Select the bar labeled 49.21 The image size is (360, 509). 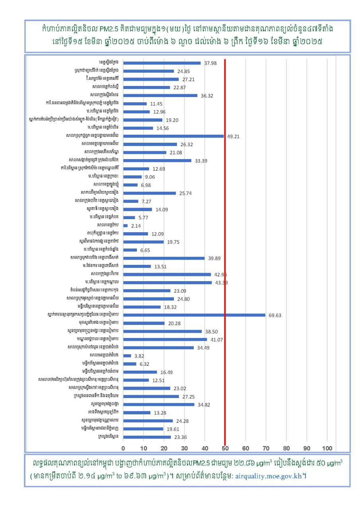point(173,136)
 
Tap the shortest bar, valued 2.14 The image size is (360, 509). point(125,225)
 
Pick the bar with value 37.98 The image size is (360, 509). point(162,63)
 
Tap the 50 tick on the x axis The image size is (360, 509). point(225,448)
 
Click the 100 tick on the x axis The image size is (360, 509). point(327,448)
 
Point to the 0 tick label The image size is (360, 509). point(123,448)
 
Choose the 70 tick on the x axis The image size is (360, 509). point(266,448)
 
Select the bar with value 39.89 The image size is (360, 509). point(164,258)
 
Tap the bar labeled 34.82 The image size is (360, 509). point(159,404)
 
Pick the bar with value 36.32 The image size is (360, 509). point(160,95)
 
